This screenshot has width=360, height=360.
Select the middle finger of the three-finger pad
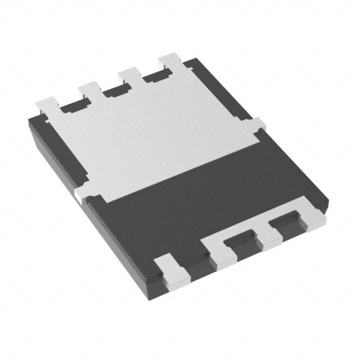tap(268, 235)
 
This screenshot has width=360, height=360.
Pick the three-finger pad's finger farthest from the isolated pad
tap(313, 217)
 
